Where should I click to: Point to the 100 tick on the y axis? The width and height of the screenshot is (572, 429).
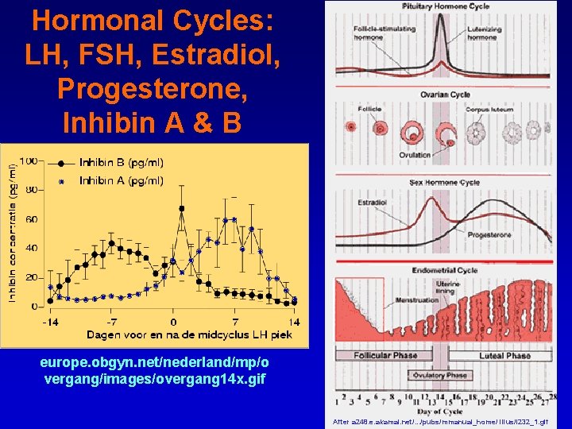(29, 161)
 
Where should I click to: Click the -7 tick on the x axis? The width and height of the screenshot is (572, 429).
(112, 322)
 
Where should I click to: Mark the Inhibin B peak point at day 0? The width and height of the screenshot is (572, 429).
(182, 209)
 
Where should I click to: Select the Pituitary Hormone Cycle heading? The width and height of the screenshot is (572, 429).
(445, 7)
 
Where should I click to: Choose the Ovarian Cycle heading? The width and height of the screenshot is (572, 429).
(445, 95)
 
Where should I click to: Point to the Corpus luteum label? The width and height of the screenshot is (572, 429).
(489, 109)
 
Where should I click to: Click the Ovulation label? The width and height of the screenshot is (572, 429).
(415, 155)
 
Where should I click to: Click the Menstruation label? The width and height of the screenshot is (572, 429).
(415, 300)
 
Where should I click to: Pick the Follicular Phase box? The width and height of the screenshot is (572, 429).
(385, 355)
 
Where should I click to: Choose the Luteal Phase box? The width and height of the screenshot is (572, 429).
(506, 355)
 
